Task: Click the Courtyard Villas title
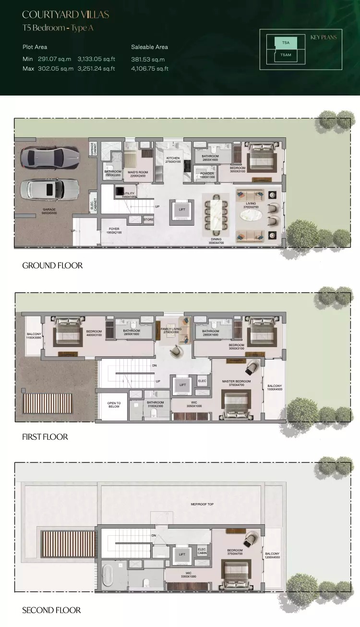pos(66,15)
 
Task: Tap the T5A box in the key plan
pos(285,43)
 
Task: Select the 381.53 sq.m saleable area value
pos(148,60)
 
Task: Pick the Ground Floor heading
pos(52,265)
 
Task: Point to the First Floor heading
pos(45,437)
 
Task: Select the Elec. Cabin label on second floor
pos(202,552)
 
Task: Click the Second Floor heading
pos(51,610)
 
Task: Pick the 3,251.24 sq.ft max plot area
pos(96,69)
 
